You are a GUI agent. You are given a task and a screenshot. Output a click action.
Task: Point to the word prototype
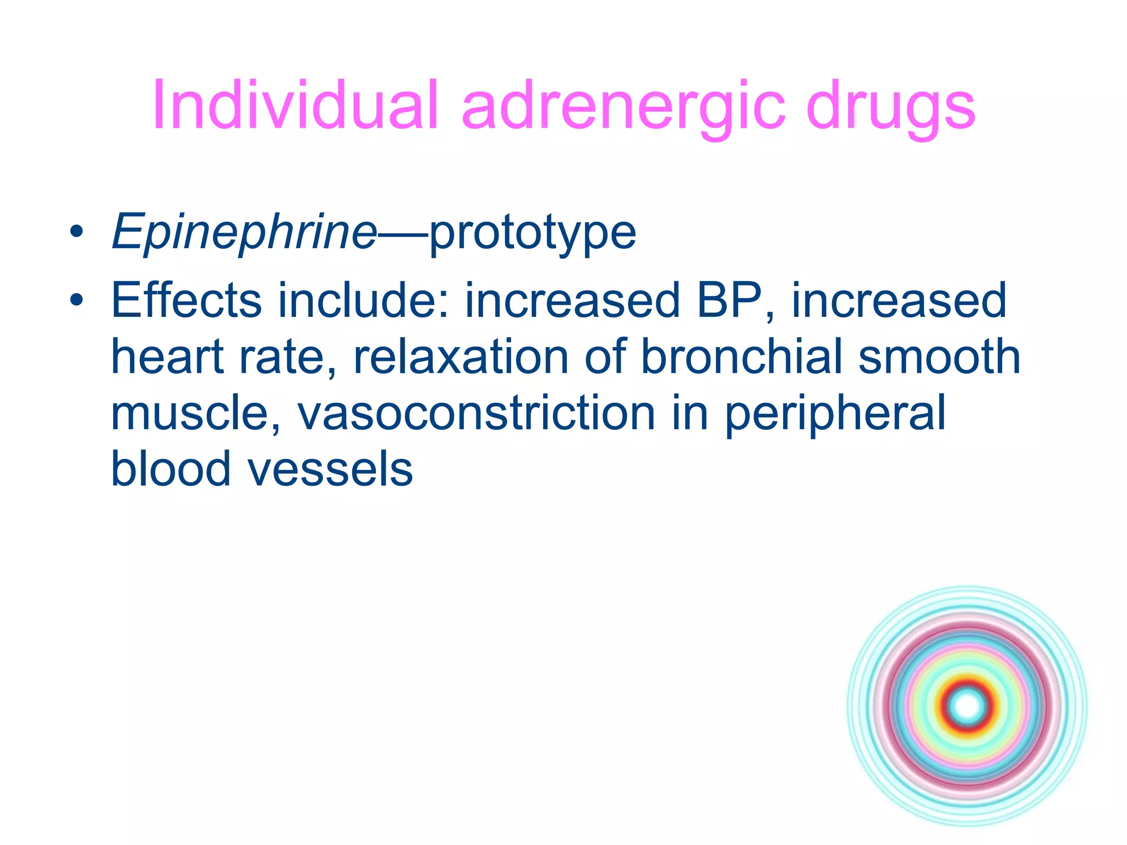[x=532, y=234]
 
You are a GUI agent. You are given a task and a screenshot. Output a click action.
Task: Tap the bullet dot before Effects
[x=76, y=300]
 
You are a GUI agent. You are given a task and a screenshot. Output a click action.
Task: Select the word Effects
[x=186, y=300]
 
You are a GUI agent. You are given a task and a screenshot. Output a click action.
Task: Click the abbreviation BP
[x=730, y=300]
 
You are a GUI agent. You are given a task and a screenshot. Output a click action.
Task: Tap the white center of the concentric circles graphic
[x=967, y=706]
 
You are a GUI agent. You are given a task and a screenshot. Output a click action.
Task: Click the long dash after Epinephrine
[x=402, y=234]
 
